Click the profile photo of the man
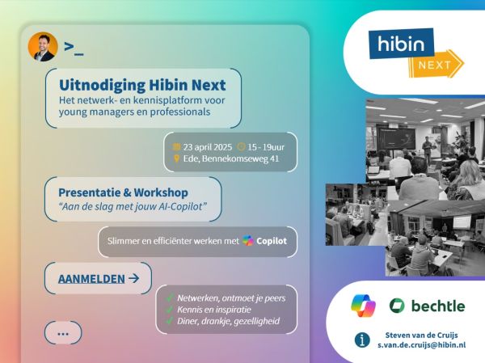pyautogui.click(x=43, y=47)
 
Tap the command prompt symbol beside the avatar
pyautogui.click(x=74, y=49)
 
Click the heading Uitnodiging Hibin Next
pyautogui.click(x=142, y=85)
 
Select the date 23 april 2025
pyautogui.click(x=207, y=147)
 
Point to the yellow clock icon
pyautogui.click(x=241, y=146)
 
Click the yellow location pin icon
pyautogui.click(x=176, y=158)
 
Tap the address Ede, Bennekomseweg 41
pyautogui.click(x=230, y=158)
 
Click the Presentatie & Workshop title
pyautogui.click(x=123, y=192)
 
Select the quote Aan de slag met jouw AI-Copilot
pyautogui.click(x=133, y=206)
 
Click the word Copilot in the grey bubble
pyautogui.click(x=272, y=241)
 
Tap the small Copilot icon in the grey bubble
pyautogui.click(x=248, y=240)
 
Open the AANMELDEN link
pyautogui.click(x=91, y=279)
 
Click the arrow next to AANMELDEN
pyautogui.click(x=133, y=279)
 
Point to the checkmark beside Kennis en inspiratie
pyautogui.click(x=169, y=310)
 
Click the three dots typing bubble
pyautogui.click(x=63, y=333)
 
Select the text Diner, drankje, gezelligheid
pyautogui.click(x=228, y=321)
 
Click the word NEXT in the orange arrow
pyautogui.click(x=435, y=65)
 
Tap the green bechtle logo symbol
pyautogui.click(x=397, y=306)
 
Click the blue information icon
pyautogui.click(x=362, y=340)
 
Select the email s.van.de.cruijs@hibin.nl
pyautogui.click(x=422, y=345)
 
